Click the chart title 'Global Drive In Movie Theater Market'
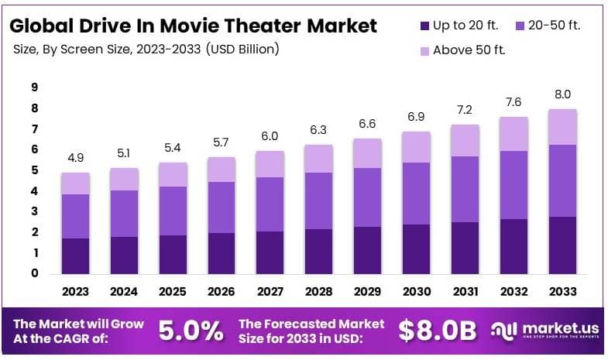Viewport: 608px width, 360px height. point(194,26)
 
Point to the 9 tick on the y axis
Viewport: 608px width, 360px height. point(35,87)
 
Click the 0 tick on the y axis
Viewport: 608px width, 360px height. point(35,273)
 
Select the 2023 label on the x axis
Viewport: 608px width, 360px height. point(76,291)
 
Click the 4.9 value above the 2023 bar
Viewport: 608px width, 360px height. point(76,158)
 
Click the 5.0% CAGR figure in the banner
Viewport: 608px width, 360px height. point(191,331)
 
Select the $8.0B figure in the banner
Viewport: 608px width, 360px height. point(437,331)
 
